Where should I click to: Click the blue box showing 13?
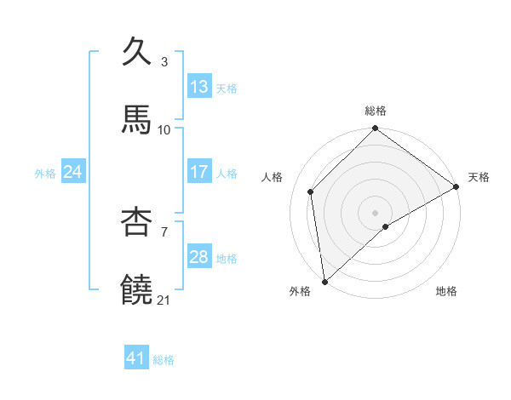tap(199, 87)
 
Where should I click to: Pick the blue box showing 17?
tap(199, 172)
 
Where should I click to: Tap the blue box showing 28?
tap(199, 257)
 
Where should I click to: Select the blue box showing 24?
tap(72, 172)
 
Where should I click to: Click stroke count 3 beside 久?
tap(164, 62)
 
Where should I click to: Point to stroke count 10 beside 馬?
tap(164, 130)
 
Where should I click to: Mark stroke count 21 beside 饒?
tap(164, 300)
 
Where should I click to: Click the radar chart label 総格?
tap(376, 111)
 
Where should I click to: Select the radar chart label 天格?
tap(479, 177)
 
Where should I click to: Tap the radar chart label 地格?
tap(446, 292)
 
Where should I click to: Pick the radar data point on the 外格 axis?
tap(324, 282)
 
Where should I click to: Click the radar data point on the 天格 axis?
tap(456, 186)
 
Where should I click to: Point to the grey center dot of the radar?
tap(376, 212)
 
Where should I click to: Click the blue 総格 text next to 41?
tap(164, 360)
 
